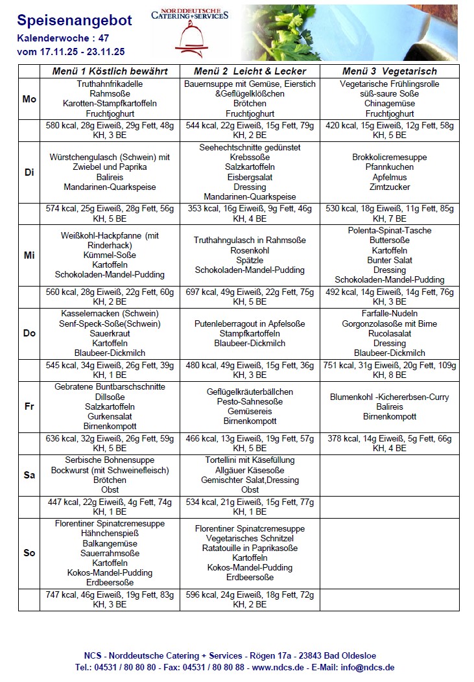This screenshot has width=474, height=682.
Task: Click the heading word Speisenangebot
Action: [x=74, y=21]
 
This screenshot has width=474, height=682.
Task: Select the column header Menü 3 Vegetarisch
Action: [x=389, y=71]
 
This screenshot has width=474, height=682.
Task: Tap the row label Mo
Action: [x=29, y=99]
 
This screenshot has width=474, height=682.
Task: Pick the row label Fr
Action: [x=29, y=406]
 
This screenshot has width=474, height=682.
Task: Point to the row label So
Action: [x=29, y=553]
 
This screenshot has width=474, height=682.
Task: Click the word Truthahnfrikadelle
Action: [x=110, y=84]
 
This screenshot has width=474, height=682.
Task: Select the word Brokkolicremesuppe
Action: [x=389, y=158]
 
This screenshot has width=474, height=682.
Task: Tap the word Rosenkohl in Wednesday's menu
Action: [x=249, y=250]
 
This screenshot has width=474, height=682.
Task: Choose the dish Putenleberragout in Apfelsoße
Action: [x=249, y=323]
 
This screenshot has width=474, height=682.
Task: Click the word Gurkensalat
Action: [x=110, y=416]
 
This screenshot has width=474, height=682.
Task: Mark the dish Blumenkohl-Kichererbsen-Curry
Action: [x=389, y=397]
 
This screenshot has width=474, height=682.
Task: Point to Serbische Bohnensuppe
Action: [x=110, y=460]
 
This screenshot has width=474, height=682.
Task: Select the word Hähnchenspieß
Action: [x=110, y=534]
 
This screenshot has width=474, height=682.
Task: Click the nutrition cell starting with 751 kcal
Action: [x=389, y=370]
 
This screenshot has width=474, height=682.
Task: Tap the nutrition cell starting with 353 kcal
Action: [x=249, y=213]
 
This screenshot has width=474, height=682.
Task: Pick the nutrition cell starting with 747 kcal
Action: [x=110, y=599]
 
